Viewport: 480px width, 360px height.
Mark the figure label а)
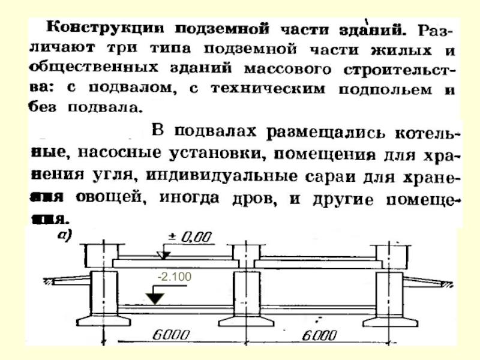64,236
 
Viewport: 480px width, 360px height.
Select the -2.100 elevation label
173,277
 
